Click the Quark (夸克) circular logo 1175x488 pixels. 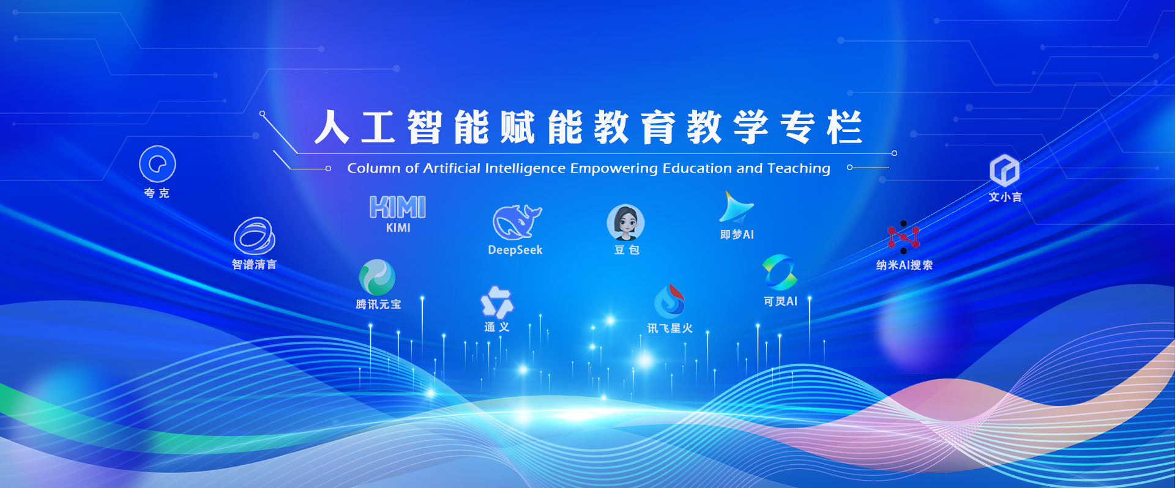(x=157, y=164)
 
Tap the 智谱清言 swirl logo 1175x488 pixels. (x=254, y=235)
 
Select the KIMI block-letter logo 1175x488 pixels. (x=398, y=207)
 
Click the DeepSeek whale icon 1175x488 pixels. (x=517, y=222)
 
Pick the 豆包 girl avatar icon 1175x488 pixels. (x=625, y=222)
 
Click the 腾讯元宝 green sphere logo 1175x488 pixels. (x=377, y=277)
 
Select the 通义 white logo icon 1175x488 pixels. (x=497, y=302)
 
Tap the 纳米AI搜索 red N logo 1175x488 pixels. (x=903, y=237)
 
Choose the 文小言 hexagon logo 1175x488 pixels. (x=1005, y=171)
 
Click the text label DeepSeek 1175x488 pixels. (x=515, y=250)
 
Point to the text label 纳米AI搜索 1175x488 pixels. (x=905, y=265)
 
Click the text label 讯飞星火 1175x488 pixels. (x=670, y=328)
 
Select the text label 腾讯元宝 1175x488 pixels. (x=378, y=305)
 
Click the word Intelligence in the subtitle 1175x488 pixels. (x=525, y=169)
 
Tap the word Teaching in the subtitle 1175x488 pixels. (x=799, y=168)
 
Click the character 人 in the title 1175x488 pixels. (x=332, y=127)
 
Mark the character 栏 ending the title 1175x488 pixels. (x=845, y=127)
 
